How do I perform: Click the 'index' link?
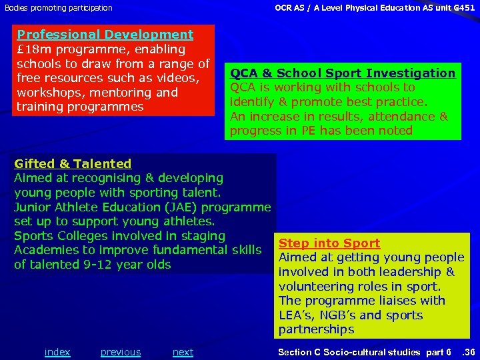57,352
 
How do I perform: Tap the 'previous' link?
121,352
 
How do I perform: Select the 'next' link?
183,352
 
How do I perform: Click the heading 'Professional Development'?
105,35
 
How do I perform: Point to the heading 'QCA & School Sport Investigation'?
343,73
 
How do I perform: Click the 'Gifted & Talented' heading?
73,163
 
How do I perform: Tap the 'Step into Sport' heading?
329,243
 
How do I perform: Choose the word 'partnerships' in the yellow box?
317,330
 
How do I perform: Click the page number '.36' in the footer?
469,352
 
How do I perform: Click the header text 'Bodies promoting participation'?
59,8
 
